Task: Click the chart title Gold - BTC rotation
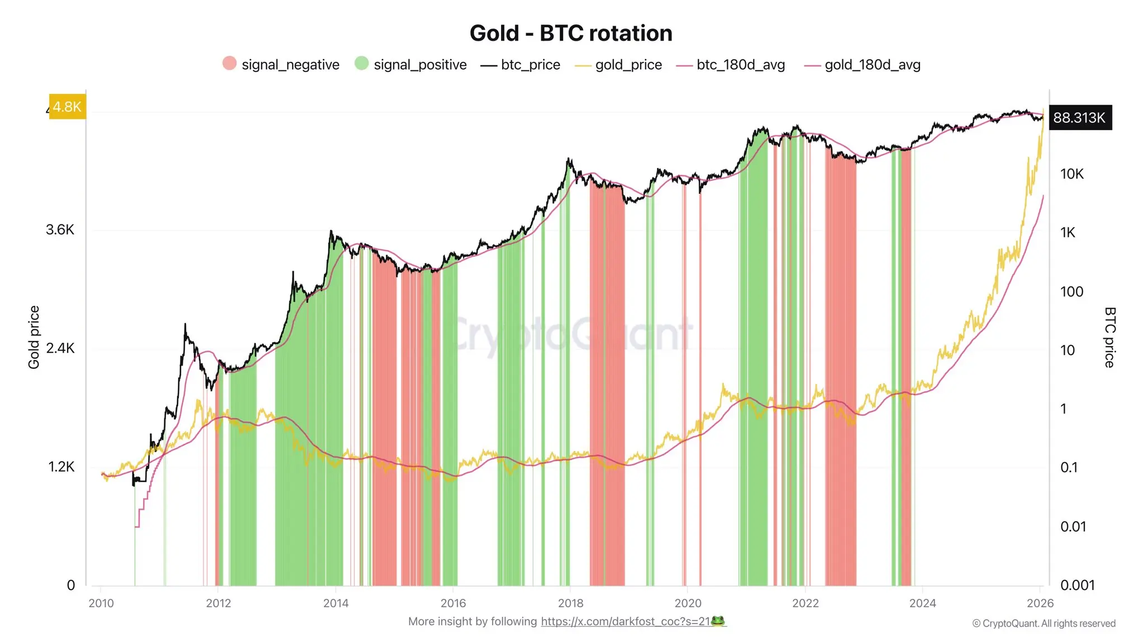click(571, 33)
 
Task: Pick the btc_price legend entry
click(521, 65)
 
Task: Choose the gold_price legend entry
click(619, 65)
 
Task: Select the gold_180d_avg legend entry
click(862, 65)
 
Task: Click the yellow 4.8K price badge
click(68, 107)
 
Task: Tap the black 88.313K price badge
click(1079, 118)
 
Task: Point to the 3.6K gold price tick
click(60, 230)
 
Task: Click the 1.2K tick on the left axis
click(61, 467)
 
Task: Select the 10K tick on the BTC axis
click(1071, 174)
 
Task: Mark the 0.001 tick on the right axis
click(1077, 585)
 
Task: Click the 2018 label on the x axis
click(570, 603)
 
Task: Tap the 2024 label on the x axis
click(922, 603)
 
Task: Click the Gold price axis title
click(34, 337)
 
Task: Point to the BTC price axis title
click(1109, 337)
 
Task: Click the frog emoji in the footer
click(718, 621)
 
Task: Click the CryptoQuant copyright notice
click(1043, 623)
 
